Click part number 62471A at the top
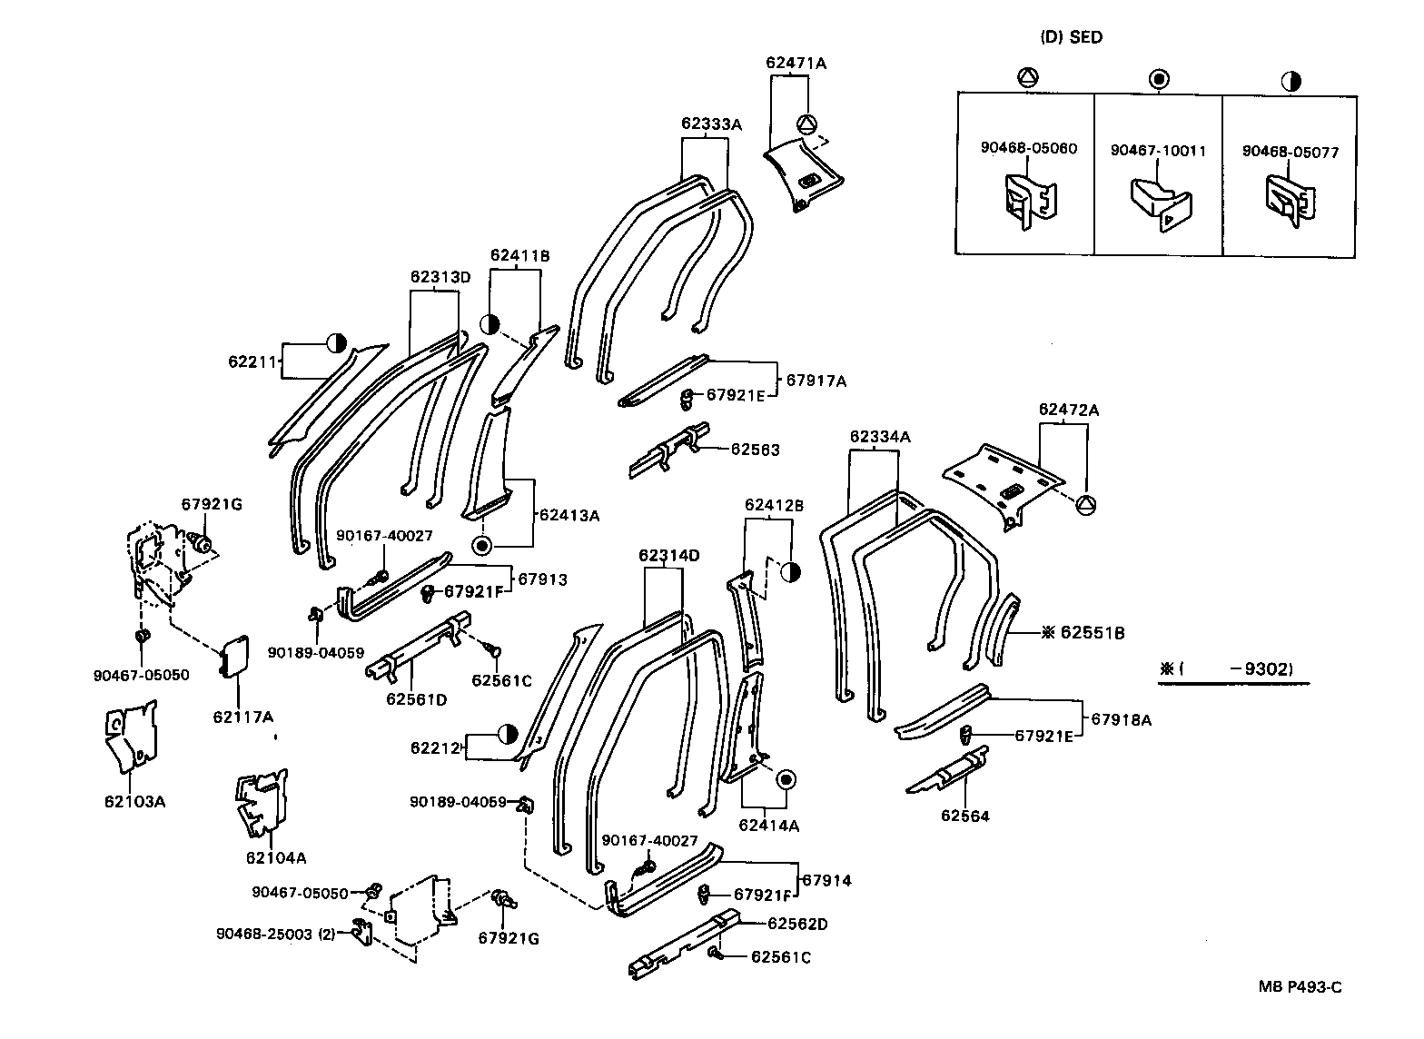(796, 63)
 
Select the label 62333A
(711, 124)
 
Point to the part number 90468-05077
(1290, 153)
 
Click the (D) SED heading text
(1071, 37)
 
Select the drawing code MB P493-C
(1300, 987)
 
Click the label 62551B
(1093, 632)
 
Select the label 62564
(964, 816)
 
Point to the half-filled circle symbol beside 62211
(337, 343)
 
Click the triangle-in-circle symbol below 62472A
(1084, 505)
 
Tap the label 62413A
(569, 516)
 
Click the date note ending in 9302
(1225, 669)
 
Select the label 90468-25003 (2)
(276, 934)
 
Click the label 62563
(755, 449)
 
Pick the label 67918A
(1121, 719)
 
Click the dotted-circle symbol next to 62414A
(786, 780)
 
